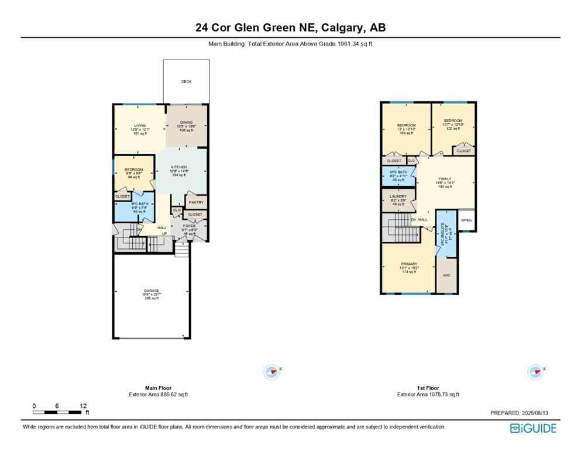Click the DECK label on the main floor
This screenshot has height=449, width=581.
[185, 82]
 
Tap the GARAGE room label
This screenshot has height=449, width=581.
[151, 291]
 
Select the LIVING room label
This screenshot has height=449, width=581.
[139, 125]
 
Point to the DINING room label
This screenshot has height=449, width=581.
[186, 122]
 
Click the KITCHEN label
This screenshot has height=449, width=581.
[178, 167]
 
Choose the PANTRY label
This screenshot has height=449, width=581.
[195, 203]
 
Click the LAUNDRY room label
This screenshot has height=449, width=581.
[397, 196]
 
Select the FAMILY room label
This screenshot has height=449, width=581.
[446, 179]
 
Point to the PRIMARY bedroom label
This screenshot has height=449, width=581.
[408, 264]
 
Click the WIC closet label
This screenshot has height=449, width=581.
[446, 275]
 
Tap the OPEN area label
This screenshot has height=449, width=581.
[466, 220]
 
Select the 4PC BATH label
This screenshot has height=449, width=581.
[397, 172]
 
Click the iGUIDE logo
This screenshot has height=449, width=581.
[533, 428]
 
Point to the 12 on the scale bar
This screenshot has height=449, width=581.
[84, 406]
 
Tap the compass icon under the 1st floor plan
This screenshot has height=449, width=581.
[534, 371]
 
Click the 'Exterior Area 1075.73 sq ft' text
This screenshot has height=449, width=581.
[428, 395]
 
